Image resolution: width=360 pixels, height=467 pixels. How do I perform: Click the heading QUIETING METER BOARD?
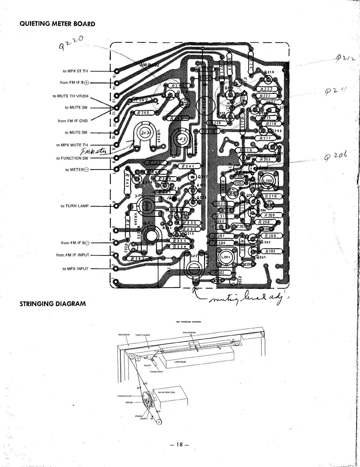tap(57, 24)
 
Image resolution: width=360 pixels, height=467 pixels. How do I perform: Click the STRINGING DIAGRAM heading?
tap(53, 303)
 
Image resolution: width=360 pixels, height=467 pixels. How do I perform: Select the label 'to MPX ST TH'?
tap(75, 71)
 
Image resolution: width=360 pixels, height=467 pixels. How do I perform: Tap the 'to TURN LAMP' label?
tap(75, 206)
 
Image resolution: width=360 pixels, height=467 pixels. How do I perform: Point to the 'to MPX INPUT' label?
tap(75, 269)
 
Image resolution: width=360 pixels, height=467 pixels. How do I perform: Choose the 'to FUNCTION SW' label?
tap(72, 158)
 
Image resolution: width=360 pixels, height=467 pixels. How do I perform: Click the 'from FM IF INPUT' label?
tap(73, 255)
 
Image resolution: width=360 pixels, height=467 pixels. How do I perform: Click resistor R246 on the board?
tap(144, 112)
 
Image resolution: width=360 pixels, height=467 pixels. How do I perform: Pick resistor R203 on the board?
tap(270, 251)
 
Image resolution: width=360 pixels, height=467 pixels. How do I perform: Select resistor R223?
tap(266, 89)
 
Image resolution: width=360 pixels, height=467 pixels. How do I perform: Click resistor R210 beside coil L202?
tap(271, 196)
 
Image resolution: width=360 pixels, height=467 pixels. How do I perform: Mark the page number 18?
tap(180, 453)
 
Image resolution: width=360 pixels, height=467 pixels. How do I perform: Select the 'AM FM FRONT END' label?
tap(166, 392)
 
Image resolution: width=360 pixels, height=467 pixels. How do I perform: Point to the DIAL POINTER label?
tap(189, 332)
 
